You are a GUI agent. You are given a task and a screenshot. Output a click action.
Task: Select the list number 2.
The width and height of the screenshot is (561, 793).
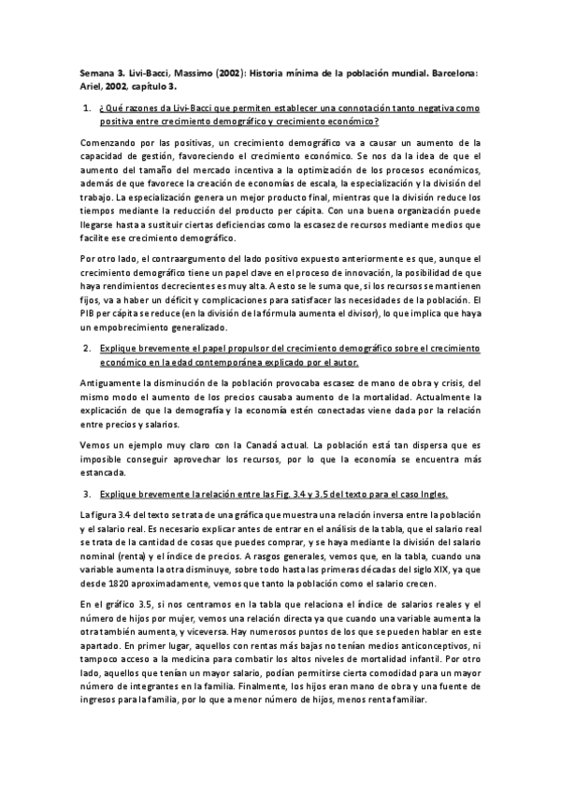coord(85,348)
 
